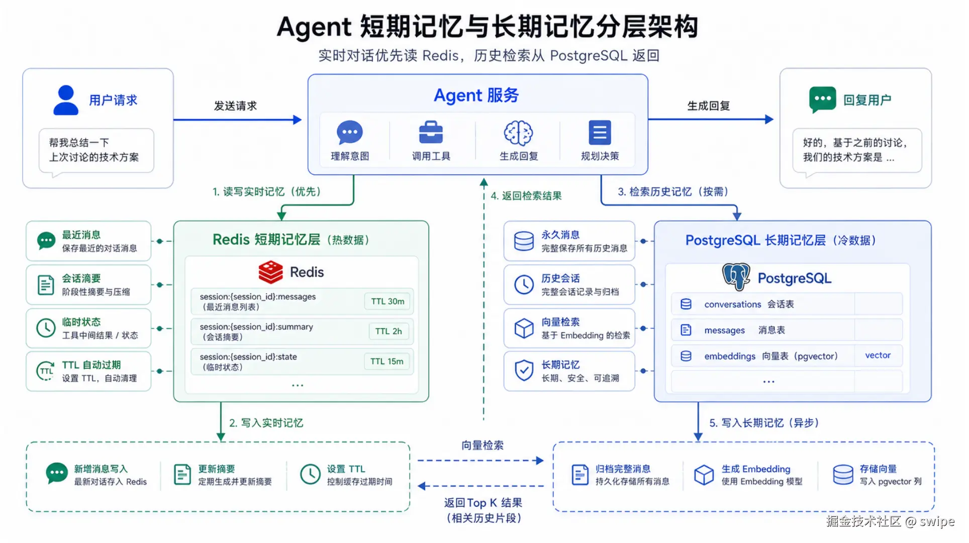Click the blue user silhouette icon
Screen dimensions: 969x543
coord(66,100)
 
